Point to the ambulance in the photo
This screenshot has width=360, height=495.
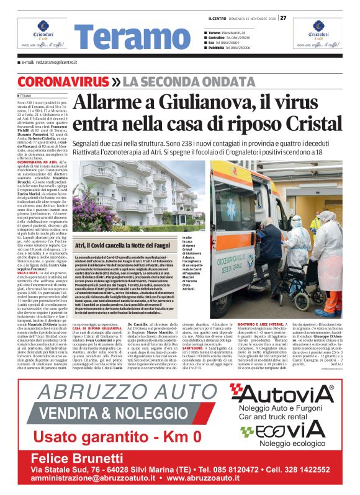point(273,205)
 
